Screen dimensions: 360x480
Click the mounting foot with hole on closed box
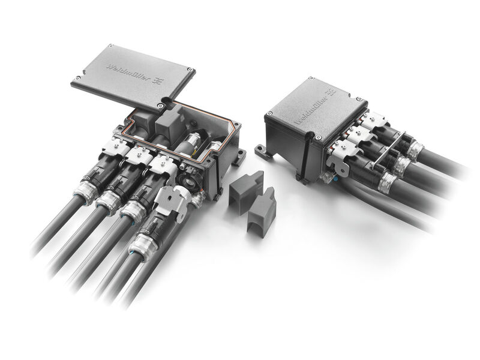[262, 149]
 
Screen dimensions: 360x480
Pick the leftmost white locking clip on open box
[112, 146]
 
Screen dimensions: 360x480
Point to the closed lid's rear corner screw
[311, 79]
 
